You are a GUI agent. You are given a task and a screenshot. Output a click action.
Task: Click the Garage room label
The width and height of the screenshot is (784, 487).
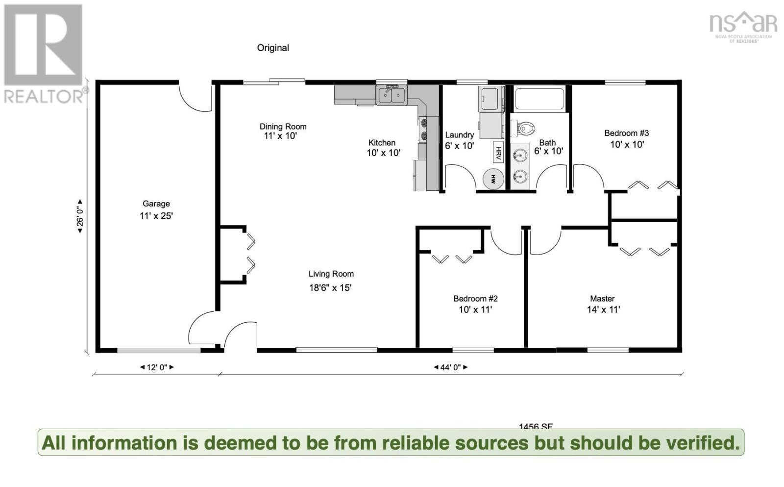coord(156,204)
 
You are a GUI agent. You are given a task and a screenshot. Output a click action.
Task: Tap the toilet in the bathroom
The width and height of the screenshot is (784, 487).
coord(523,129)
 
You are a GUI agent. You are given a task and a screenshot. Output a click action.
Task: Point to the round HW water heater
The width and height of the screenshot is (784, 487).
coord(493,179)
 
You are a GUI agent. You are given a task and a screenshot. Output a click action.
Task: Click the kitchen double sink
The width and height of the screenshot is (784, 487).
coord(392,95)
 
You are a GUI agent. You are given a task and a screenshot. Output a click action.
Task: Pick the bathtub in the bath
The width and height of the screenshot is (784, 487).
coord(539,99)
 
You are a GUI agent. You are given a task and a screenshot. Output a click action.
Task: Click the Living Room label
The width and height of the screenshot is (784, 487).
coord(331,274)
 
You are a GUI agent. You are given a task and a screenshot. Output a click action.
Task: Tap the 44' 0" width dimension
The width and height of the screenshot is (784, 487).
coord(451,367)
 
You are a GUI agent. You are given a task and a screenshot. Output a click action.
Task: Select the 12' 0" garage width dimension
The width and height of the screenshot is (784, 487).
coord(157,367)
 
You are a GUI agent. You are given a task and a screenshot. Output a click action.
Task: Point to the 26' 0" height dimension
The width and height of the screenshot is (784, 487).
coord(80,216)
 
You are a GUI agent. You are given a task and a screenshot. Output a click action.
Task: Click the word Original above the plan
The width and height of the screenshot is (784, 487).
coord(273,48)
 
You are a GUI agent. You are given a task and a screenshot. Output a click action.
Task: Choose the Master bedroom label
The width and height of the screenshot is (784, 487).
coord(602,299)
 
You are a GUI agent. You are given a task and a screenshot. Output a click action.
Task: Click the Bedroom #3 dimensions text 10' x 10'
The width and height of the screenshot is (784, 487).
coord(627,145)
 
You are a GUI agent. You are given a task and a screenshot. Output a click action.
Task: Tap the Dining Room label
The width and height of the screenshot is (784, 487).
coord(283,127)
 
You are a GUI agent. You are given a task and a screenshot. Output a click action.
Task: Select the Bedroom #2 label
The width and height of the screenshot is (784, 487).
coord(475,299)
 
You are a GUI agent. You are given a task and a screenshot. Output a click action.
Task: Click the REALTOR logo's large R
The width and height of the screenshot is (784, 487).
coord(43,45)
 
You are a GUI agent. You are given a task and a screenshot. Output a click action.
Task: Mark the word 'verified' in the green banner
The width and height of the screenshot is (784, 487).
coord(703,442)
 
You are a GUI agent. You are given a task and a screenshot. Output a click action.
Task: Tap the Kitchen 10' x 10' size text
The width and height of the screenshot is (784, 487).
coord(383,153)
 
